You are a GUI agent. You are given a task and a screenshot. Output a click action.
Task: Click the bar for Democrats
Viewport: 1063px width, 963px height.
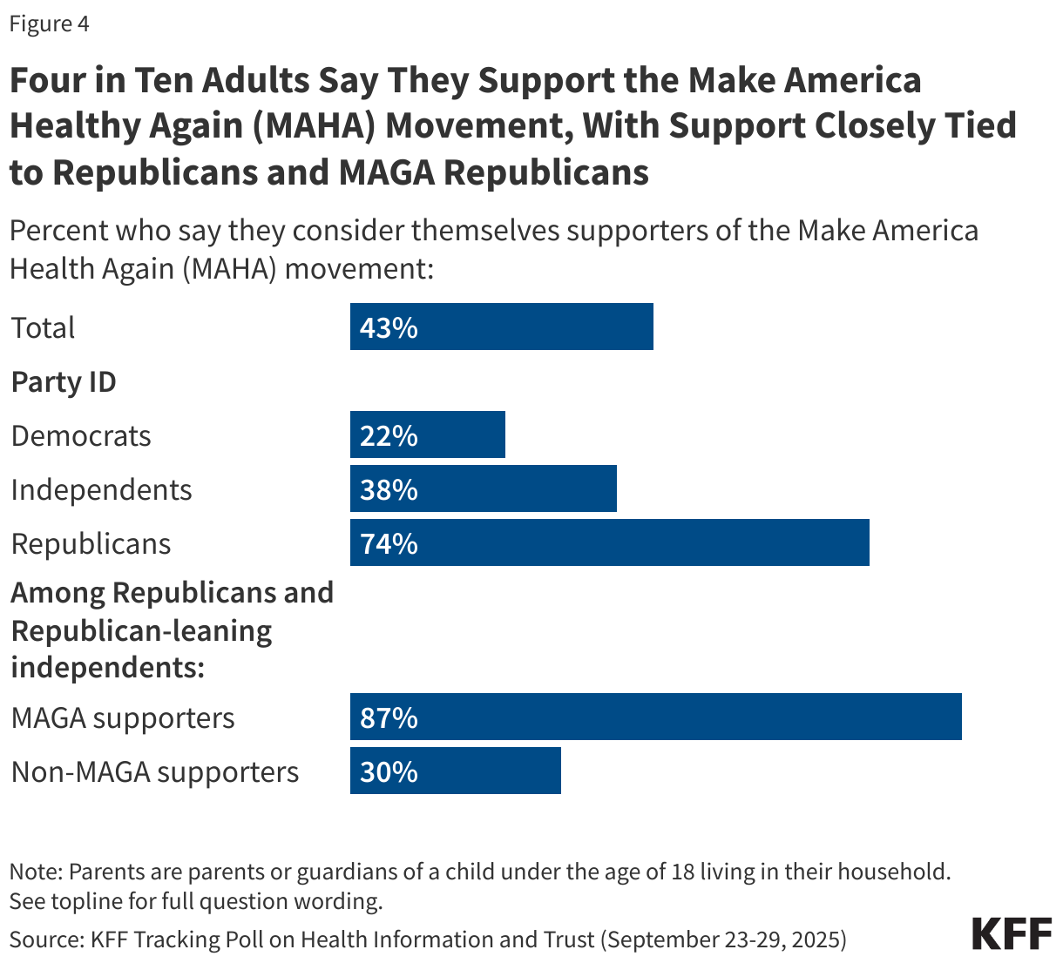427,434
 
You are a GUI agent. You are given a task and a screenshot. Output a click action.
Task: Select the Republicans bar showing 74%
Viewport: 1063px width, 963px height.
609,542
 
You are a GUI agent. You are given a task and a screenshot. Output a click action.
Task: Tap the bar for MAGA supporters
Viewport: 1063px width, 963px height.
655,717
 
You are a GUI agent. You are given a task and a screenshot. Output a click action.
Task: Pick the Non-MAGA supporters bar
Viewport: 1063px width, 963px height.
455,771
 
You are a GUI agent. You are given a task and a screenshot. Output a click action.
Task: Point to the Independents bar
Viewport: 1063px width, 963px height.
483,488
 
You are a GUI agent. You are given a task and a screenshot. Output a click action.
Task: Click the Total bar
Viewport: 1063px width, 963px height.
501,327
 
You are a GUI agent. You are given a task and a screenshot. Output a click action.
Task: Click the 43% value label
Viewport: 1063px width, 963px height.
389,327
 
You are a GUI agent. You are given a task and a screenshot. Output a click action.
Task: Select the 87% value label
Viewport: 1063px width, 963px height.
389,717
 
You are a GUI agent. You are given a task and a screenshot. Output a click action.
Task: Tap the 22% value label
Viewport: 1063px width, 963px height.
389,435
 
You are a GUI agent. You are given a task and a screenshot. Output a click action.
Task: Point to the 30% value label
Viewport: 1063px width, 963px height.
389,771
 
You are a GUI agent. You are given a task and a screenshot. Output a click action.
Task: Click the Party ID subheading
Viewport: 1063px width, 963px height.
64,381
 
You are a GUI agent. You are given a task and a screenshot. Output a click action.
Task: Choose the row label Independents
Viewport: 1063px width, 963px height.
101,489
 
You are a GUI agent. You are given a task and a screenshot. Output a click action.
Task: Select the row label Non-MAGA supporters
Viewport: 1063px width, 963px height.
155,771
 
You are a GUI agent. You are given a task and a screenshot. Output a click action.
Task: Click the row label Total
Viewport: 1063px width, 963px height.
43,327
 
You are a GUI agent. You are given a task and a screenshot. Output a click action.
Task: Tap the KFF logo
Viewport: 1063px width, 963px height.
1012,933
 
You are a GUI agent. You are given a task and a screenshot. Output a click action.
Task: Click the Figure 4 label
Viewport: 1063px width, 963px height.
49,24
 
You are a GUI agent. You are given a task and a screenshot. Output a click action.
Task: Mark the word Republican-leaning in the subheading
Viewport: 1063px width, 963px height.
141,630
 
